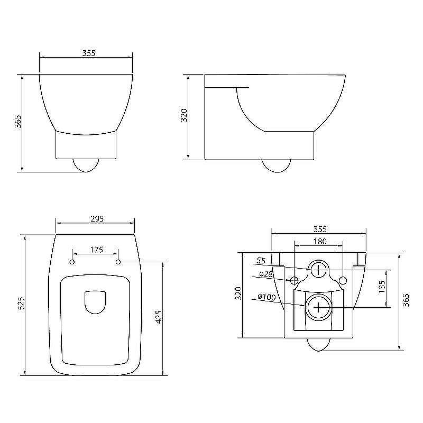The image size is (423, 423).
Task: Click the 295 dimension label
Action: click(97, 218)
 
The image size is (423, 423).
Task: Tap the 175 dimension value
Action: click(96, 250)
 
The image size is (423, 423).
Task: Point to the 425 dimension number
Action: click(159, 317)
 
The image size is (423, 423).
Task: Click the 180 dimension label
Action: click(320, 241)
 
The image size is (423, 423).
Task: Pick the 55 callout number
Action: click(261, 261)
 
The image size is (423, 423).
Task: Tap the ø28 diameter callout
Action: click(266, 274)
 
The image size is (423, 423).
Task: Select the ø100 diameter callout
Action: click(266, 297)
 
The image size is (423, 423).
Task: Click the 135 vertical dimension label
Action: click(382, 287)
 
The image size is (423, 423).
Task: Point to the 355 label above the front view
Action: click(89, 53)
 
